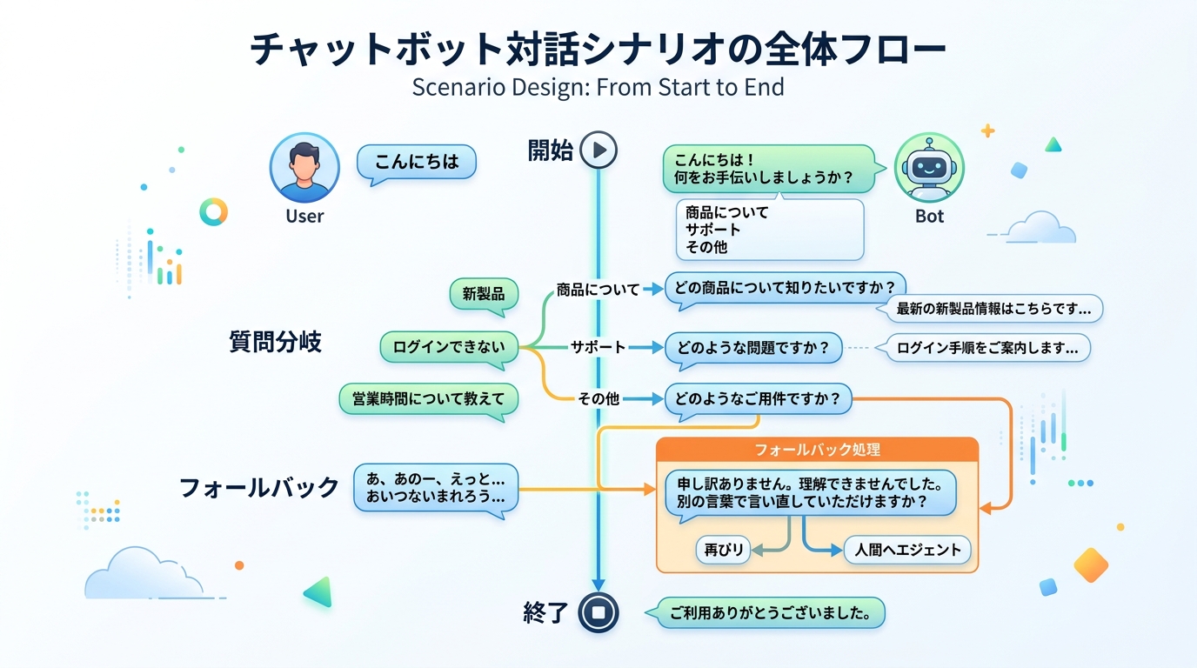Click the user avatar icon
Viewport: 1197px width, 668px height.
[304, 168]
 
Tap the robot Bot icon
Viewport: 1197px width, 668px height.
[929, 167]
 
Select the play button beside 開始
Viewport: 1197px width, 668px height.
[598, 150]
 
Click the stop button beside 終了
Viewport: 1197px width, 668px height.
[598, 612]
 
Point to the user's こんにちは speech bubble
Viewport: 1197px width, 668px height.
[417, 163]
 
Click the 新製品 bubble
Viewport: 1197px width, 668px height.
[484, 294]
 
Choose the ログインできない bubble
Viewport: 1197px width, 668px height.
[449, 347]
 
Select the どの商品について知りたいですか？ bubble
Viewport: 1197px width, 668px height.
[785, 289]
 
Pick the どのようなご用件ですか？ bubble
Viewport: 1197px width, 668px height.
[758, 399]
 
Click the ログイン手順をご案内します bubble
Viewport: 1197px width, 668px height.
[987, 348]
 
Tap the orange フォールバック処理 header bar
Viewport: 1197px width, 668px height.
[817, 450]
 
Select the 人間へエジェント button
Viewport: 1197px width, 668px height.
[906, 550]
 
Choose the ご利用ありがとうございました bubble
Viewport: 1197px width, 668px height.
[770, 612]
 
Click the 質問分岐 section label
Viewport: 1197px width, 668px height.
[275, 342]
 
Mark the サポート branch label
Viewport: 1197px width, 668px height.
[598, 347]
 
